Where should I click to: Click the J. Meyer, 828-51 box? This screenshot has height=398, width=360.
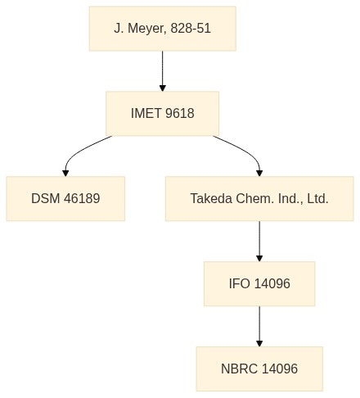click(x=163, y=29)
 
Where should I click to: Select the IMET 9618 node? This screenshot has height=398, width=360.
click(x=163, y=114)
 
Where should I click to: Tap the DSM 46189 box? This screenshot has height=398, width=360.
click(x=65, y=198)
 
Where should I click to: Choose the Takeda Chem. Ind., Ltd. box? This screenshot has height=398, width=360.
click(x=259, y=198)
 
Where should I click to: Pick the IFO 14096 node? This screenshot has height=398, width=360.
click(x=259, y=283)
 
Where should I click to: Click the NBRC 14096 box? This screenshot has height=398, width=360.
click(x=259, y=369)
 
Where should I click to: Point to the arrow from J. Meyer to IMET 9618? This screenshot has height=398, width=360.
click(x=163, y=71)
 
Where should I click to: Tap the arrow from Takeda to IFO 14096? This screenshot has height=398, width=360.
click(x=259, y=241)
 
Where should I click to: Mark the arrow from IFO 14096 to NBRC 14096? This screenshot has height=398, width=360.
click(x=259, y=326)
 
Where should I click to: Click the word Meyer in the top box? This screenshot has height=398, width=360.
click(x=146, y=29)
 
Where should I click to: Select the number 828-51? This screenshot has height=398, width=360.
click(x=191, y=28)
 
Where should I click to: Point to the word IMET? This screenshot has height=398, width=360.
click(x=146, y=113)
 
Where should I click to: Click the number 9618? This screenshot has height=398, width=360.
click(x=180, y=113)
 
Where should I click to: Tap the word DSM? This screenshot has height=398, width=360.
click(x=46, y=198)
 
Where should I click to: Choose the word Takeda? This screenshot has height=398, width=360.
click(x=211, y=198)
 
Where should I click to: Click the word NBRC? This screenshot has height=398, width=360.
click(x=239, y=369)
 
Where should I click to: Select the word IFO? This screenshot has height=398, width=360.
click(x=239, y=283)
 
